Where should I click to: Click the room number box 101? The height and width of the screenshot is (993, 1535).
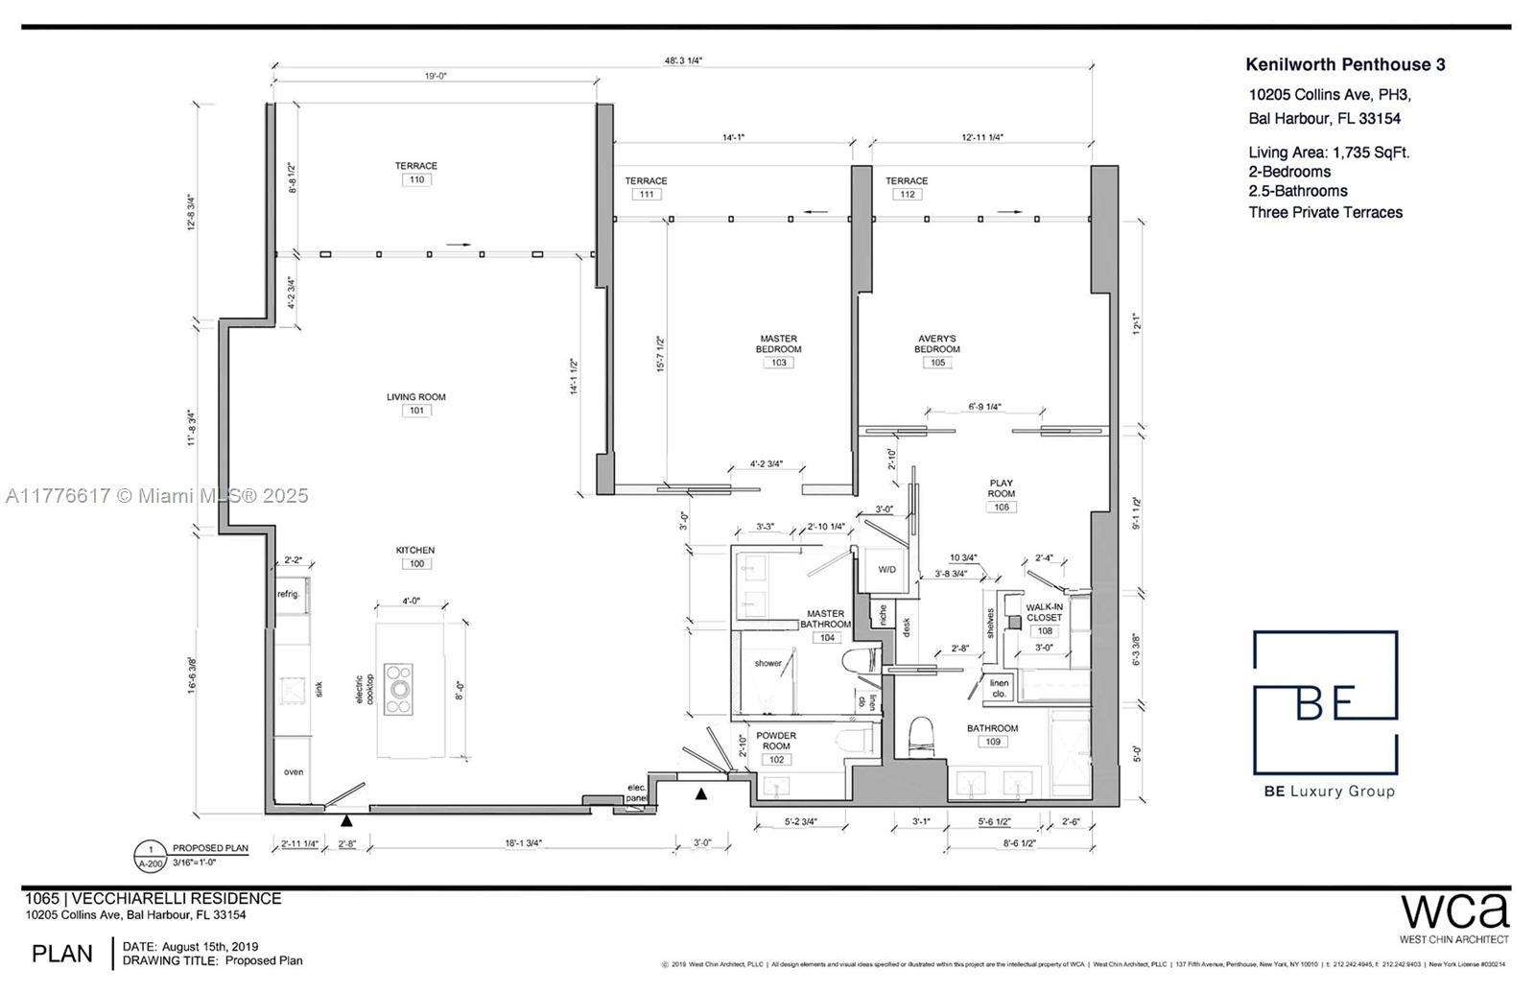(x=416, y=411)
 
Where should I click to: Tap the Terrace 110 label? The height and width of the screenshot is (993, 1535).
(x=416, y=166)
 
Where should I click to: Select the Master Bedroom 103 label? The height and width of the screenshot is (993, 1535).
(x=778, y=344)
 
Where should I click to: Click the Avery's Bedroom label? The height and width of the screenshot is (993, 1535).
(x=936, y=344)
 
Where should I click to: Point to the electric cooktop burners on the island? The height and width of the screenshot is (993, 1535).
(x=398, y=688)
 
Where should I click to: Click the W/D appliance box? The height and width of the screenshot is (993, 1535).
(x=887, y=570)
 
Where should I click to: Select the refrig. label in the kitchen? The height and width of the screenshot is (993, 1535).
(x=289, y=594)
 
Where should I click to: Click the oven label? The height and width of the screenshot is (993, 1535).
(x=293, y=771)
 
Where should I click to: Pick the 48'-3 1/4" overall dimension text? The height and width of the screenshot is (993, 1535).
(x=682, y=60)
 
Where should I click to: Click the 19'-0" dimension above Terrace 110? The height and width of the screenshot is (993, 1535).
(x=436, y=76)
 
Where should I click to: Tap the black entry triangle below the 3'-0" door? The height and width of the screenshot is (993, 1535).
(x=702, y=793)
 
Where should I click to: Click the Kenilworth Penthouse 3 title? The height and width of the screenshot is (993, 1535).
(x=1344, y=65)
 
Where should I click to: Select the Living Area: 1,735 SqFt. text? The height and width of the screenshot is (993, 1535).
(x=1329, y=153)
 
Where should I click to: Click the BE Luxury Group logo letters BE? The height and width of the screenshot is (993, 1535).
(x=1325, y=701)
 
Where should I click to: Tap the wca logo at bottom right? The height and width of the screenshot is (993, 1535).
(x=1454, y=910)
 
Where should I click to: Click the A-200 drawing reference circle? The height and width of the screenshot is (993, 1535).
(x=151, y=856)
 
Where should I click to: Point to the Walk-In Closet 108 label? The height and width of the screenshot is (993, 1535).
(x=1044, y=613)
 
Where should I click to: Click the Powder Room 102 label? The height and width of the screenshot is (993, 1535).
(x=776, y=742)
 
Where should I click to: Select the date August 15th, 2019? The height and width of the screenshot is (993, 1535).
(x=209, y=947)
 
